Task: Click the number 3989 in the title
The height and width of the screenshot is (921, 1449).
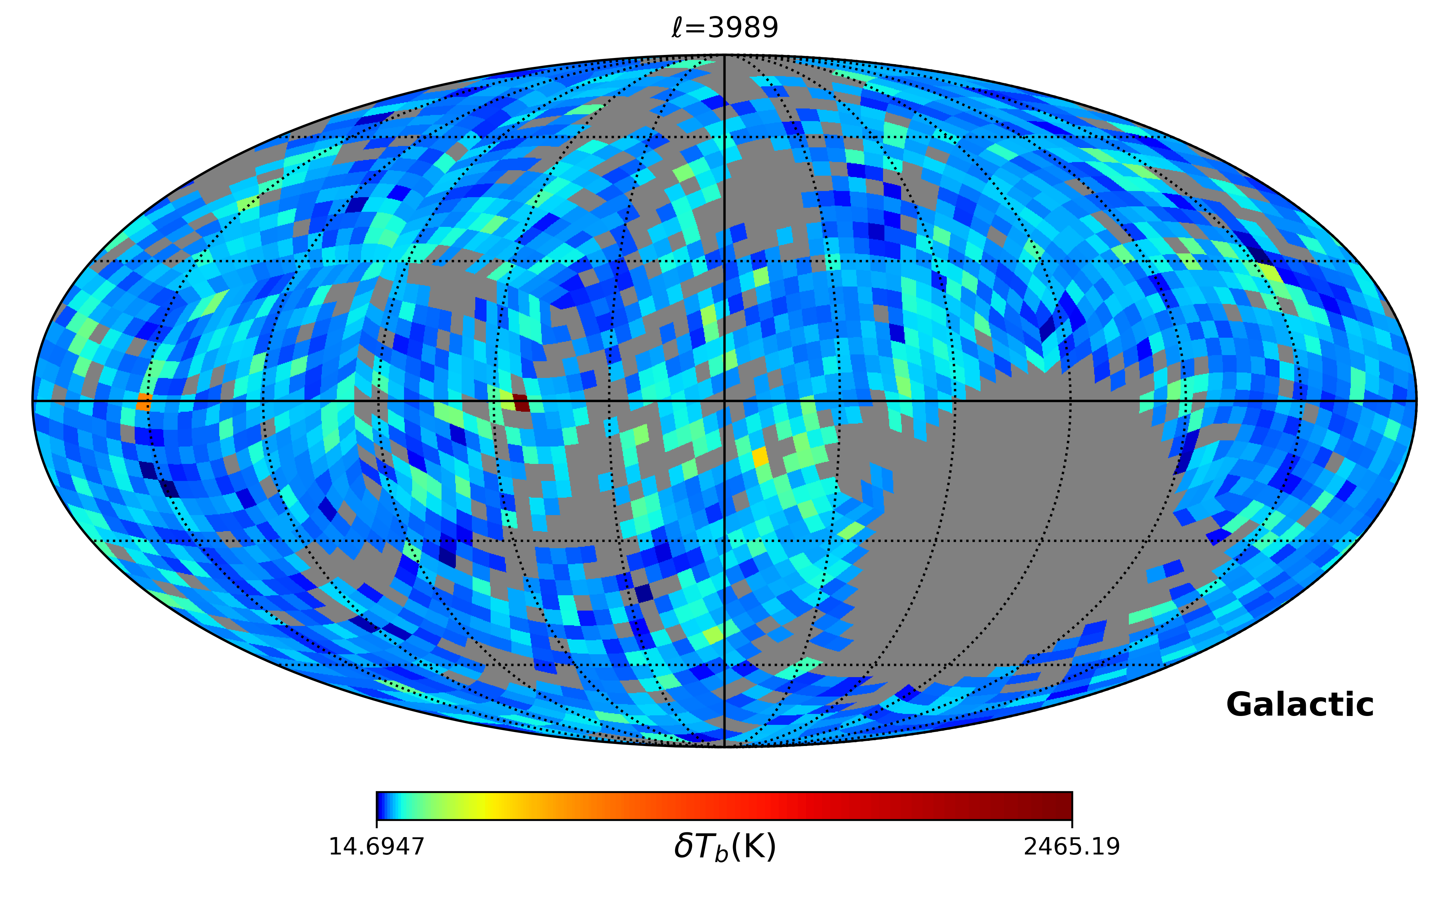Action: point(743,28)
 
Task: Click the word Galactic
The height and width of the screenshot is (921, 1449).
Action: point(1300,705)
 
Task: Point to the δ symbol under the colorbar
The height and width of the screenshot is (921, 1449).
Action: point(683,846)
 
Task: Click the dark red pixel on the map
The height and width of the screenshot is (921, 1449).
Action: point(521,403)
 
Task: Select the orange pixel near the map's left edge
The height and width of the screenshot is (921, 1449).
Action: point(143,402)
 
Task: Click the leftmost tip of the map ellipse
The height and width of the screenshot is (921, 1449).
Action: point(33,400)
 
